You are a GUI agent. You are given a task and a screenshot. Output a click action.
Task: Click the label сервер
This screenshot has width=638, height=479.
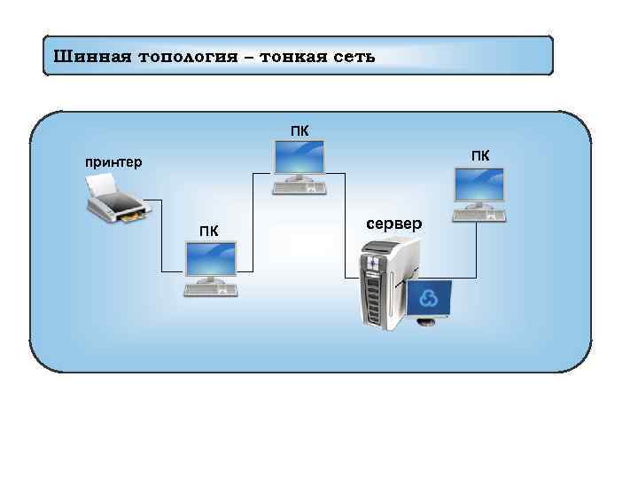pos(394,224)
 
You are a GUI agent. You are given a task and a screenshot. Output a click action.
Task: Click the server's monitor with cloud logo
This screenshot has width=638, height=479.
pos(427,299)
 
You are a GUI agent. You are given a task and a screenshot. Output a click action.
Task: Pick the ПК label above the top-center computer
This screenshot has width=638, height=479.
pos(300,131)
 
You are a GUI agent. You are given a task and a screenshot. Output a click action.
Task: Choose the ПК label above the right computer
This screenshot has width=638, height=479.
pos(479,156)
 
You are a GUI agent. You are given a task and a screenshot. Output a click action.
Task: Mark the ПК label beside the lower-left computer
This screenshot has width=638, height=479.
pos(209,232)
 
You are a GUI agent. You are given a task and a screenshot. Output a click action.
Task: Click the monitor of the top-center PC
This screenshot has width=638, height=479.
pos(299,160)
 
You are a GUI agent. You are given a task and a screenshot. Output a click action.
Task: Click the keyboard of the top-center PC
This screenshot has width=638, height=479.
pos(299,187)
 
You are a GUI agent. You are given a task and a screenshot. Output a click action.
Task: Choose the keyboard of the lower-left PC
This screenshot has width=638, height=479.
pos(211,288)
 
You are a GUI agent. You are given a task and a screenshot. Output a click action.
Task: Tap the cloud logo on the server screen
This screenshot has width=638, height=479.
pos(428,298)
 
